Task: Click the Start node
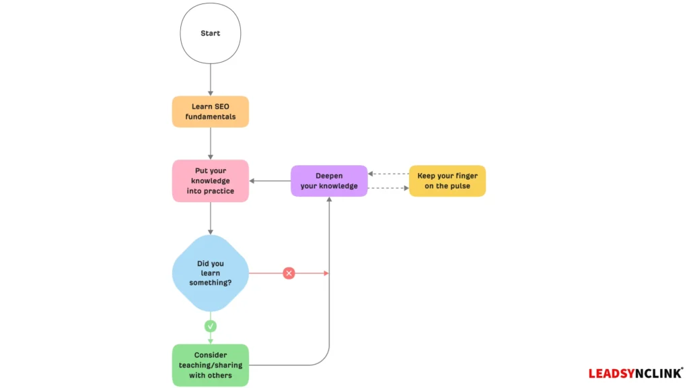point(211,34)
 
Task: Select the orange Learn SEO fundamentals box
point(211,112)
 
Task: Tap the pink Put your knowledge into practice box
point(211,181)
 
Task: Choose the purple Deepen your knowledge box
point(329,181)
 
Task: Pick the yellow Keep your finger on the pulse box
point(447,181)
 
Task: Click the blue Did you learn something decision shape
point(211,273)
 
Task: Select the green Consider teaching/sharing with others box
point(211,365)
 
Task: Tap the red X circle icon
point(289,273)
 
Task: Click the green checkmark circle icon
point(211,326)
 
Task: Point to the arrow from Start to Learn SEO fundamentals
point(211,79)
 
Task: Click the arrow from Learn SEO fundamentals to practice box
point(211,143)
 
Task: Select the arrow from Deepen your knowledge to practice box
point(270,181)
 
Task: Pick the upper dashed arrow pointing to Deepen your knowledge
point(388,174)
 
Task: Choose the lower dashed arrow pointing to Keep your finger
point(388,188)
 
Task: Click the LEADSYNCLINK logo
point(636,373)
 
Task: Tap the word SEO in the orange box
point(221,106)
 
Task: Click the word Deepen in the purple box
point(329,176)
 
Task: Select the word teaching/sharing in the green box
point(211,365)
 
